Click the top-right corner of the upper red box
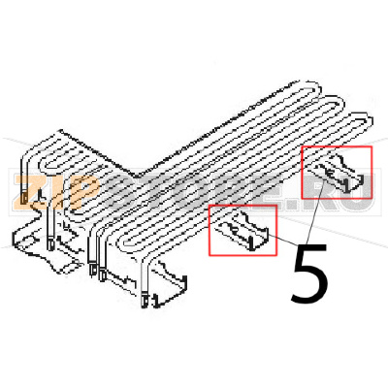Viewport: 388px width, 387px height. (372, 146)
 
